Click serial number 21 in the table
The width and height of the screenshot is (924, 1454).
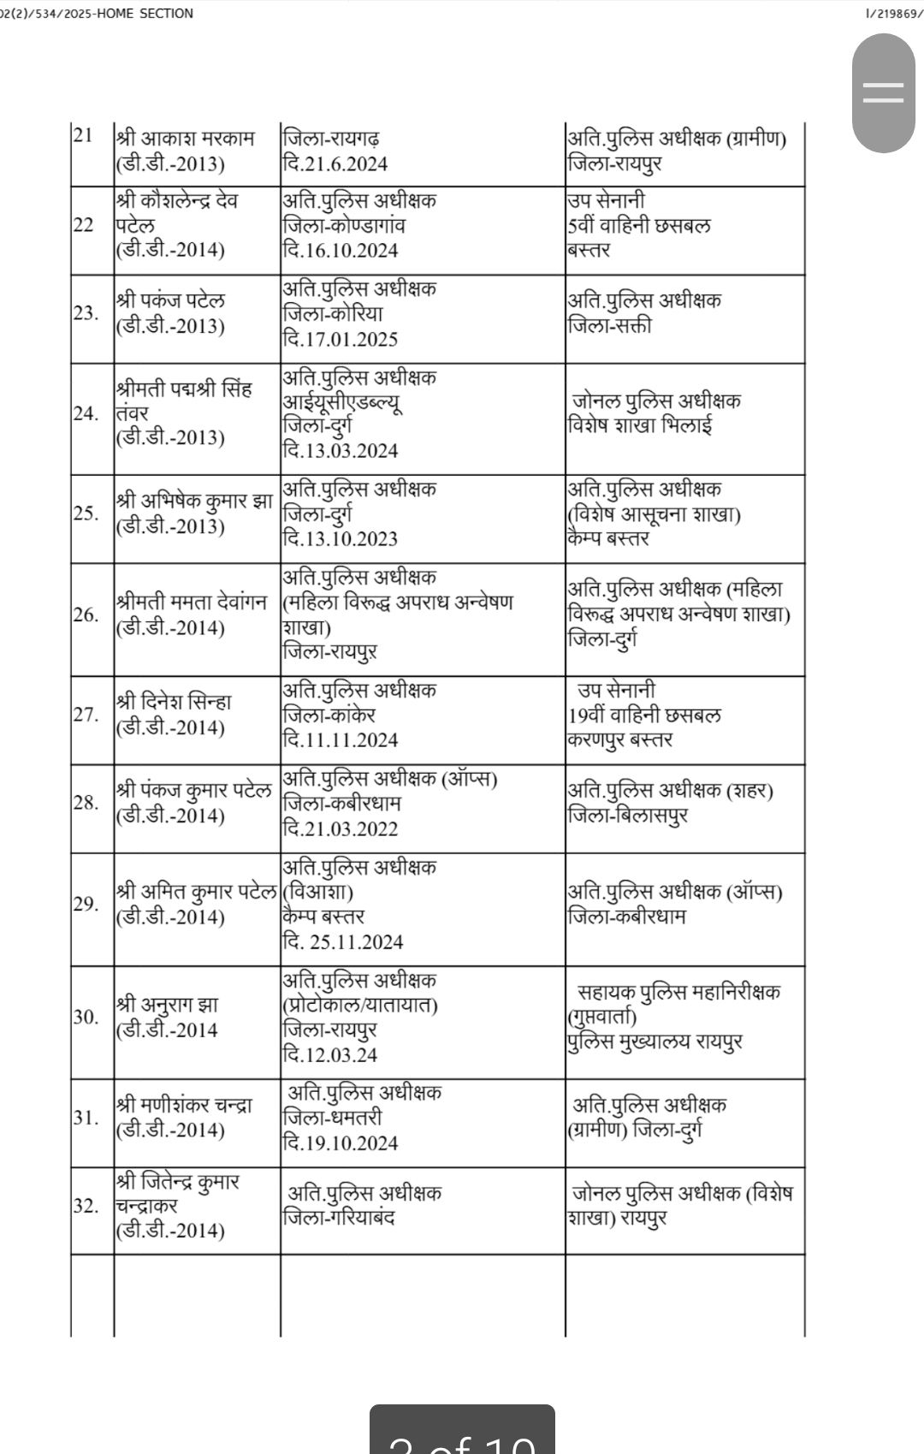pyautogui.click(x=83, y=135)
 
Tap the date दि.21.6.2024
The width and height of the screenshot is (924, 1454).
pyautogui.click(x=335, y=163)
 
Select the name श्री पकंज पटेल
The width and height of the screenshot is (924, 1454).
pyautogui.click(x=171, y=300)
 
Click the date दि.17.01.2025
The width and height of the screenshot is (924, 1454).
pyautogui.click(x=340, y=339)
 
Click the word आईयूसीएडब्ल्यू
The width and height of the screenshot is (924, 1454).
pyautogui.click(x=342, y=401)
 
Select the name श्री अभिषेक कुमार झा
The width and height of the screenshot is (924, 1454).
pyautogui.click(x=195, y=501)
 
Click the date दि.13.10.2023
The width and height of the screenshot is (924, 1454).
pyautogui.click(x=340, y=538)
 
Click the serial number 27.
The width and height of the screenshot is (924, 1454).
pyautogui.click(x=86, y=715)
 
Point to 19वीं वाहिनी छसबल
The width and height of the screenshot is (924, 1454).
pyautogui.click(x=644, y=715)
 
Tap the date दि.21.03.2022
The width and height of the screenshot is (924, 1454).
pyautogui.click(x=340, y=828)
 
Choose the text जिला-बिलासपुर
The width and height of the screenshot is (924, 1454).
pyautogui.click(x=628, y=816)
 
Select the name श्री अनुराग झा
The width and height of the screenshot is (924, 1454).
pyautogui.click(x=168, y=1005)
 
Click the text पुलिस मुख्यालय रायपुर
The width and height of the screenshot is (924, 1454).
pyautogui.click(x=654, y=1042)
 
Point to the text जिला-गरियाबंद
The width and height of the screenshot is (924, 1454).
pyautogui.click(x=339, y=1218)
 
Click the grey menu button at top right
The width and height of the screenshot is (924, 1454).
pyautogui.click(x=883, y=93)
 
